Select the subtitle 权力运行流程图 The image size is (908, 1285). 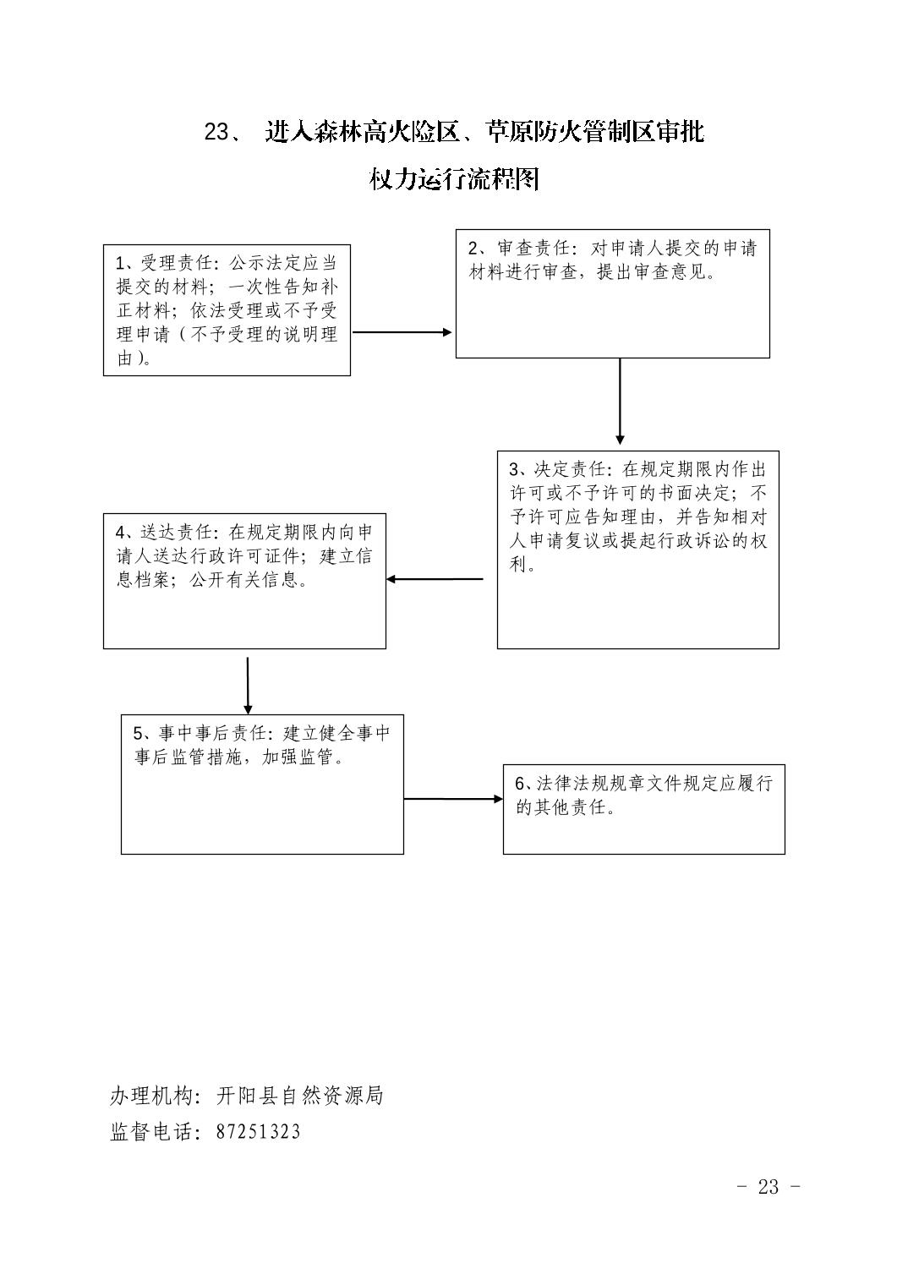[x=454, y=179]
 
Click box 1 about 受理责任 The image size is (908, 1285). [x=227, y=310]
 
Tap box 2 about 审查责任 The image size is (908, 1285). [x=613, y=293]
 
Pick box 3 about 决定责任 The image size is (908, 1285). [x=637, y=550]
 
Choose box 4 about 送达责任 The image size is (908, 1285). [x=244, y=581]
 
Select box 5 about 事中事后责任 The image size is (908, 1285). [x=262, y=785]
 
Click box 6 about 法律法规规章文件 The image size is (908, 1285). [x=643, y=809]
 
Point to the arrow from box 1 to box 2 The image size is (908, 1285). [x=402, y=332]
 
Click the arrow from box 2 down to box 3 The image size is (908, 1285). [x=620, y=402]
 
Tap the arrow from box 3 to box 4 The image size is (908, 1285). [x=435, y=579]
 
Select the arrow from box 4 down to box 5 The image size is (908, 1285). [x=248, y=686]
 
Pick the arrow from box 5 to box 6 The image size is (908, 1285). [x=453, y=799]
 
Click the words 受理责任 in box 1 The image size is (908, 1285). [x=177, y=263]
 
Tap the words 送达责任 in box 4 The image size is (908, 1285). [x=177, y=533]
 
